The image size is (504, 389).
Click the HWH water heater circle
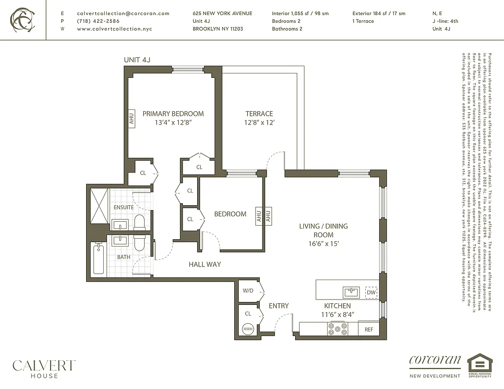[248, 329]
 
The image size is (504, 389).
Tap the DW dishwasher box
[371, 292]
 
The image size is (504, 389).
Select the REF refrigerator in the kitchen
[369, 329]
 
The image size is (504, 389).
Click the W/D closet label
[248, 291]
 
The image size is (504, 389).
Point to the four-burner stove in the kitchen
[337, 329]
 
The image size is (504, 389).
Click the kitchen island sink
[351, 292]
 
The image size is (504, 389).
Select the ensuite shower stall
[98, 206]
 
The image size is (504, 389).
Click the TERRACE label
[259, 114]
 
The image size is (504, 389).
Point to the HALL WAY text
[205, 265]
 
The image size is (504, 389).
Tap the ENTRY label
[279, 306]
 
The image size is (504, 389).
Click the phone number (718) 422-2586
[98, 21]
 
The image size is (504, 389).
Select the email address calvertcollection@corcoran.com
[123, 14]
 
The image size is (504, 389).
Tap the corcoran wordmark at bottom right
[435, 360]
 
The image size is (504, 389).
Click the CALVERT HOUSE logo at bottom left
[44, 369]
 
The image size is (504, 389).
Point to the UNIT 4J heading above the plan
[140, 60]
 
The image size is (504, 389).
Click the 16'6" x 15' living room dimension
[323, 243]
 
